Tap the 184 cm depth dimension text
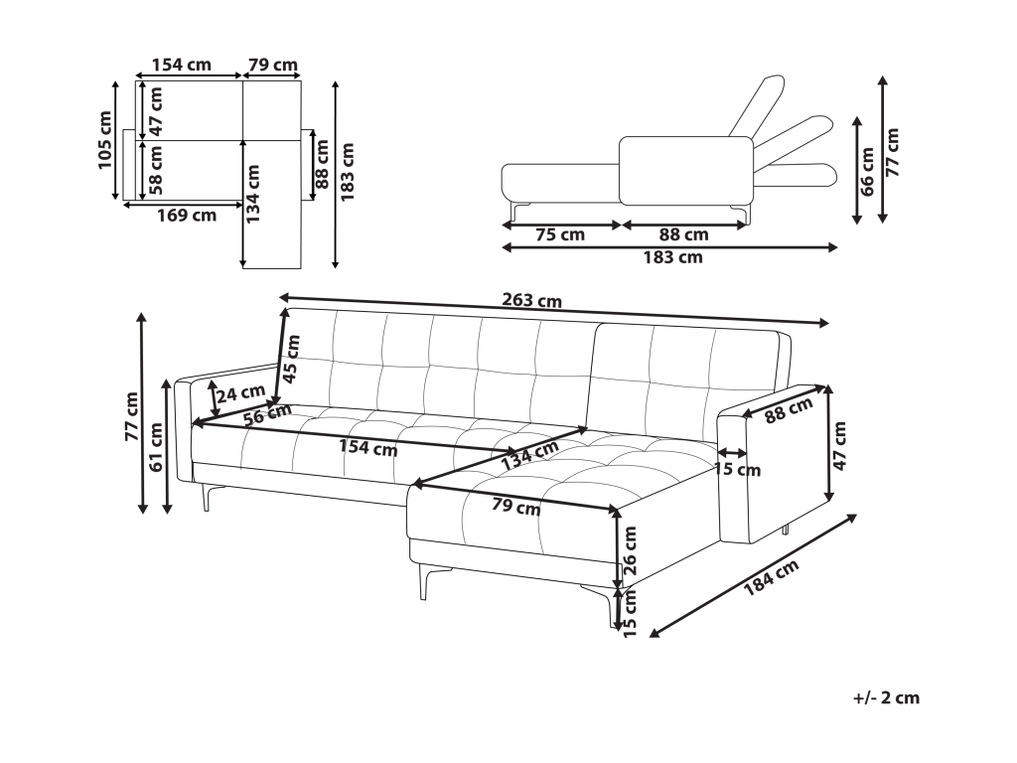pyautogui.click(x=771, y=584)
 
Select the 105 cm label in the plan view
pyautogui.click(x=106, y=140)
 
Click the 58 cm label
pyautogui.click(x=156, y=170)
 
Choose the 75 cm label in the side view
pyautogui.click(x=559, y=235)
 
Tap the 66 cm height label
pyautogui.click(x=868, y=170)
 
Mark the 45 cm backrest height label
pyautogui.click(x=292, y=359)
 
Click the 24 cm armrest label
pyautogui.click(x=240, y=394)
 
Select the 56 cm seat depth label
pyautogui.click(x=267, y=414)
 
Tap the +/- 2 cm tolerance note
pyautogui.click(x=886, y=697)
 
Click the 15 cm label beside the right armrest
pyautogui.click(x=737, y=469)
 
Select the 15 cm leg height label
pyautogui.click(x=628, y=612)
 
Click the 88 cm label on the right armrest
pyautogui.click(x=790, y=408)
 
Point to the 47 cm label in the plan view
pyautogui.click(x=156, y=110)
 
